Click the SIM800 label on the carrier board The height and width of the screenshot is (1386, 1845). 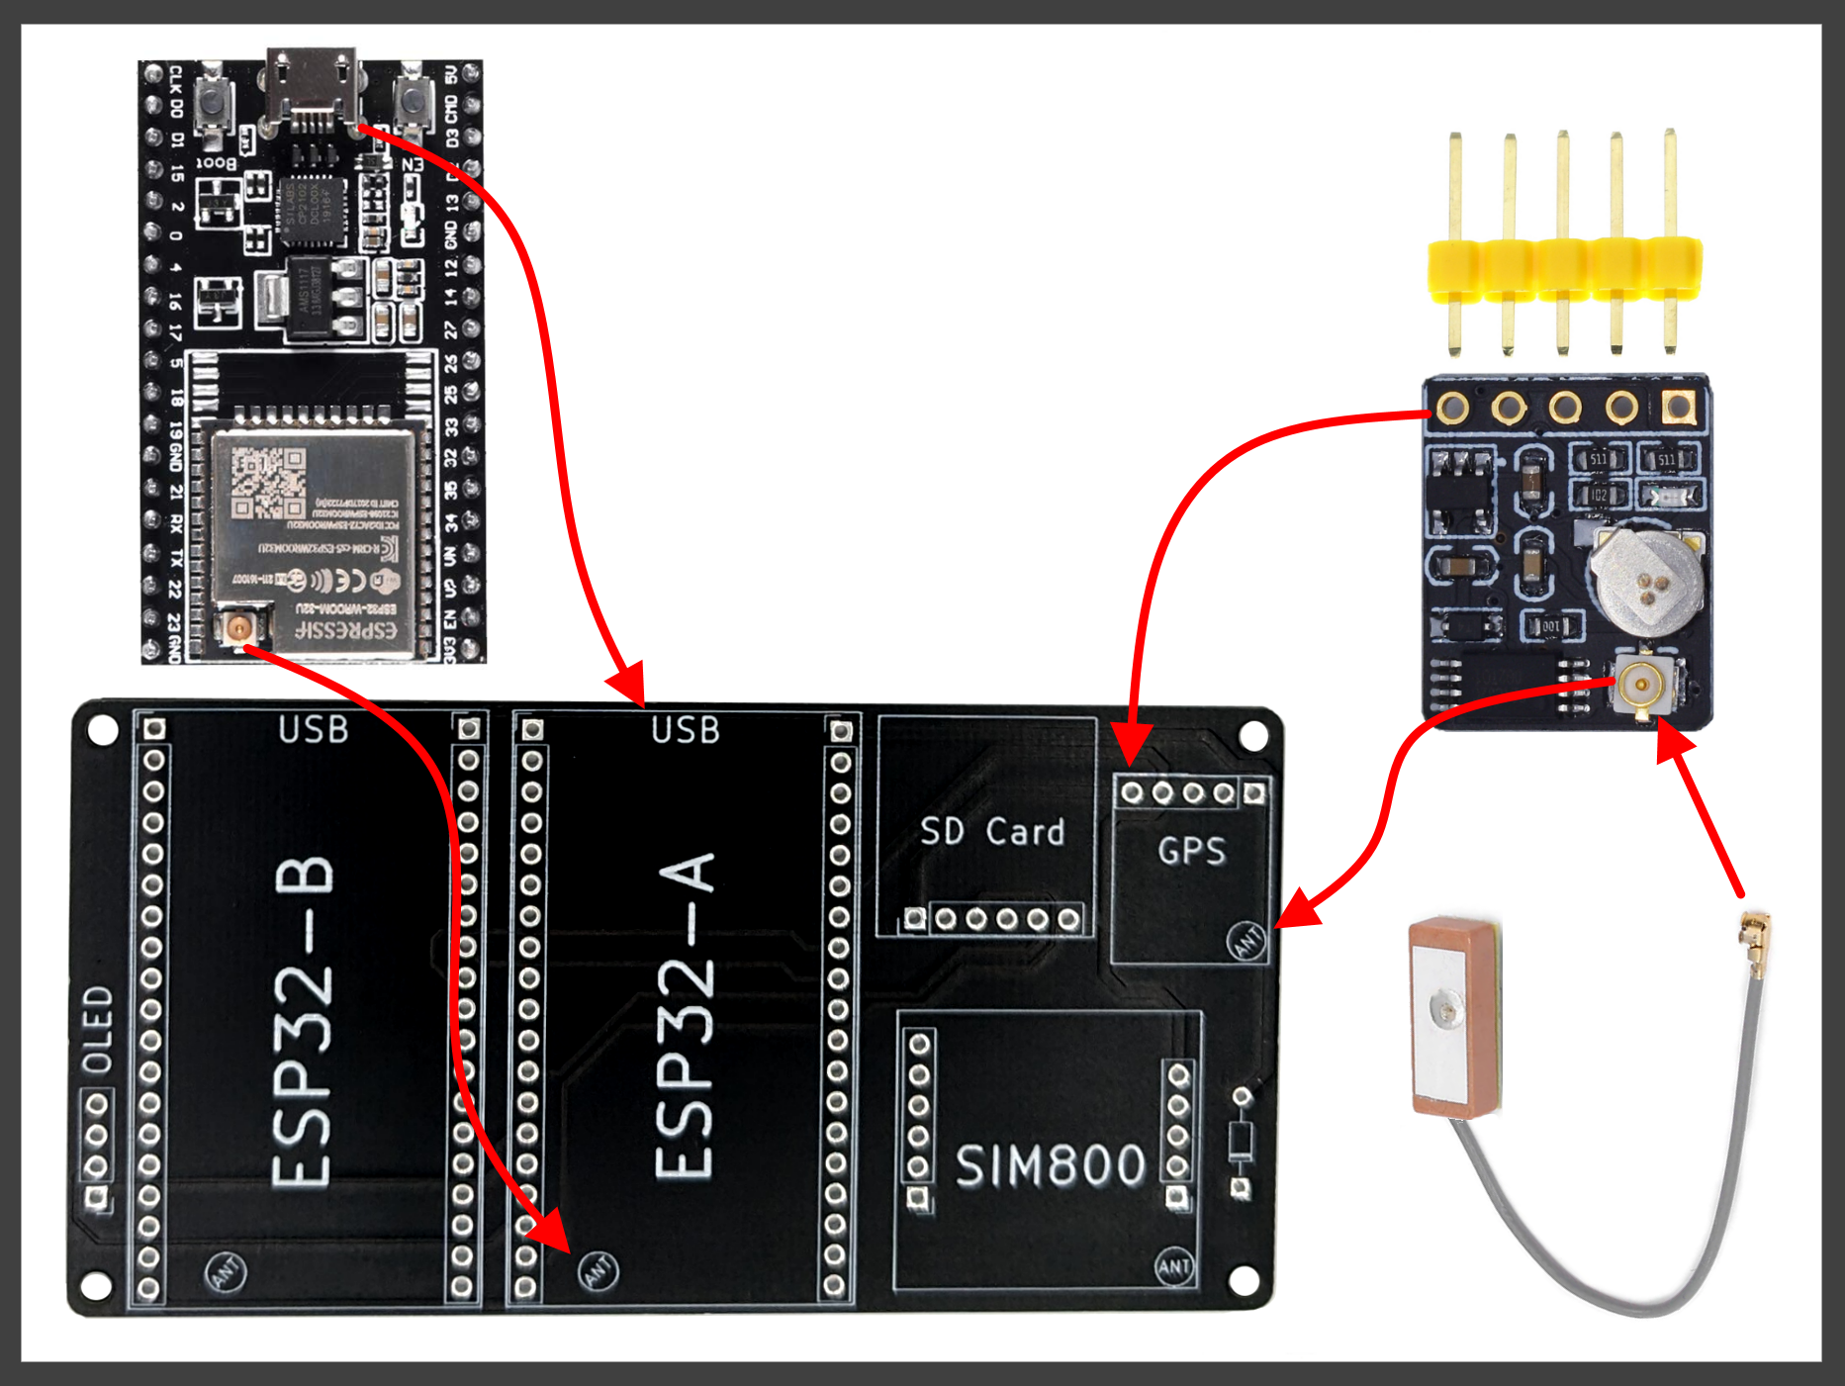click(1050, 1165)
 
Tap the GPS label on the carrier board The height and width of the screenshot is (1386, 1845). click(1192, 851)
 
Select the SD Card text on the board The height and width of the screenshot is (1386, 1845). click(992, 832)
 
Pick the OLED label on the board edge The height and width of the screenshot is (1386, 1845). click(98, 1030)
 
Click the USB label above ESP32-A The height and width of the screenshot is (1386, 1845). click(686, 731)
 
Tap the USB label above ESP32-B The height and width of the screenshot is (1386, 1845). click(313, 730)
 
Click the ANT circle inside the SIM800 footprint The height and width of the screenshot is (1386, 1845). click(1174, 1267)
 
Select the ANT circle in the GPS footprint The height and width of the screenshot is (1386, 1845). click(1246, 940)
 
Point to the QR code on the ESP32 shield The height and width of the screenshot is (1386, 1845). click(268, 483)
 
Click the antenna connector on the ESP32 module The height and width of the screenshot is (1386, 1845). click(238, 626)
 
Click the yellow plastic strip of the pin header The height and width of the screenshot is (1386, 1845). click(1563, 268)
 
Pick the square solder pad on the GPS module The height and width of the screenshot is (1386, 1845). click(1678, 406)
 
